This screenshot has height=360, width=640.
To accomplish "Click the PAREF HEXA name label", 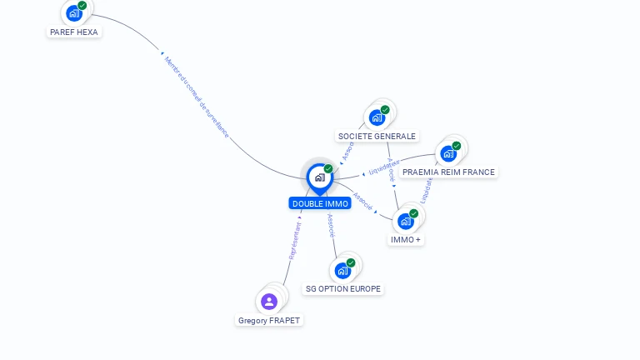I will point(73,32).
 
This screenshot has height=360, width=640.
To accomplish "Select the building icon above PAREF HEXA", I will point(74,13).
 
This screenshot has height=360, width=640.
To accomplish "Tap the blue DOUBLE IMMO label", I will point(319,203).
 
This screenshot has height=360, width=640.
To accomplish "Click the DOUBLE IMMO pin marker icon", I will point(319,177).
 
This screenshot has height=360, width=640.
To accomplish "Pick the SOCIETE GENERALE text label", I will point(377,136).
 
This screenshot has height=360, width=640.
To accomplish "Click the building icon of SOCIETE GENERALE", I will point(377,117).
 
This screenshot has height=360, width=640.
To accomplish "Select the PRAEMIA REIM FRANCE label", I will point(448,172).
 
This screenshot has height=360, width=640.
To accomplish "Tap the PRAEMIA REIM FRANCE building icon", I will point(448,154).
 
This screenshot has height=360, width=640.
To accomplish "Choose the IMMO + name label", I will point(406,240).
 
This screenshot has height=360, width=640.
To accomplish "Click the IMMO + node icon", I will point(406,222).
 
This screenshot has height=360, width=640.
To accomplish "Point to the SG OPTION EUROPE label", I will point(343,289).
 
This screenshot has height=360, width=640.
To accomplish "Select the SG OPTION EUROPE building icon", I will point(342,271).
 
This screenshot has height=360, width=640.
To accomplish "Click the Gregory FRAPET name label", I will point(269,321).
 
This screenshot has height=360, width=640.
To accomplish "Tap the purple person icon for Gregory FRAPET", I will point(268,302).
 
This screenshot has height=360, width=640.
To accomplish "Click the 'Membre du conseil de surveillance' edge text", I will point(196,97).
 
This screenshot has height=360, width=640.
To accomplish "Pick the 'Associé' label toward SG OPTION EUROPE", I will point(331,226).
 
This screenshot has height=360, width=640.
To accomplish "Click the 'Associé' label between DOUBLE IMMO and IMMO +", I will point(362,201).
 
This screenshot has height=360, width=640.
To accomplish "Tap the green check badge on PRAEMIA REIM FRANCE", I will point(457,146).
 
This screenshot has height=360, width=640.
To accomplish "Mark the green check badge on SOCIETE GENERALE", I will point(385,109).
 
